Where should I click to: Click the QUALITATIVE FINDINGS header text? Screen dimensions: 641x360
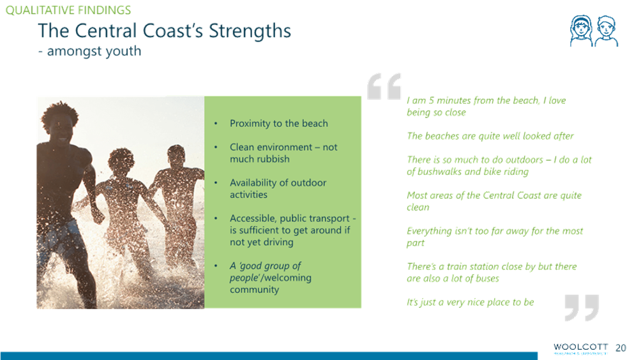pos(68,10)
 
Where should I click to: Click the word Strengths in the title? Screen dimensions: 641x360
pos(250,32)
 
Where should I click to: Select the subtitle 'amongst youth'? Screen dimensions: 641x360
pos(94,51)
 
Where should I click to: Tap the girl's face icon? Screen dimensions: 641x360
pos(581,31)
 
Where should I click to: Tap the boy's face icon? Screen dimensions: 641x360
pos(606,31)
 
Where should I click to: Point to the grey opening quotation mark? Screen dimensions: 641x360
pos(384,86)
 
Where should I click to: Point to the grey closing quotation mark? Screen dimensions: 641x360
pos(582,308)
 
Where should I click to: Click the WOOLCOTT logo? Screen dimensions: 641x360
pos(580,348)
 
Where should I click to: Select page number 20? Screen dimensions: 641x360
pos(621,348)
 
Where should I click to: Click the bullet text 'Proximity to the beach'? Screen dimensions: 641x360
pos(279,123)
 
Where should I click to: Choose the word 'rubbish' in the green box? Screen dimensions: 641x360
pos(274,159)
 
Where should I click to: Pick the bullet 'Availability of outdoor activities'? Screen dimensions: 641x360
pos(278,188)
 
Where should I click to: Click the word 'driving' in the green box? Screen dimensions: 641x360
pos(278,243)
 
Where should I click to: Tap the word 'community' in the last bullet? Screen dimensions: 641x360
pos(254,290)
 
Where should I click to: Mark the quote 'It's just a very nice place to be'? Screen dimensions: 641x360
pos(470,303)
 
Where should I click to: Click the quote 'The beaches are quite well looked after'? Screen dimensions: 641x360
pos(490,136)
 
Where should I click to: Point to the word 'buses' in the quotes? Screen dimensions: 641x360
pos(488,279)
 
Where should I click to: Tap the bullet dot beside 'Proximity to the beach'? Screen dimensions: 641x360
pos(216,123)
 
